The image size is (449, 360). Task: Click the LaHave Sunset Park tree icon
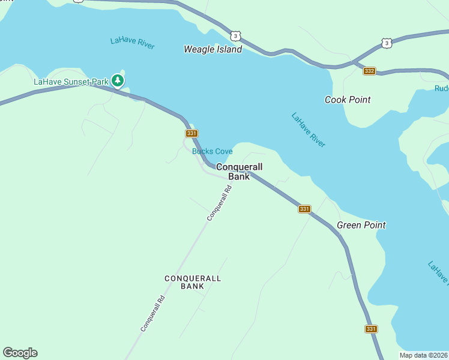pos(118,80)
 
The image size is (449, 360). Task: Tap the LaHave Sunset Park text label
pos(71,82)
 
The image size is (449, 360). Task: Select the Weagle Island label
pos(212,49)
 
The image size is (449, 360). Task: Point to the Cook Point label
pos(348,100)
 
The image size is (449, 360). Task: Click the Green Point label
pos(361,225)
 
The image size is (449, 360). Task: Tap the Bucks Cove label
pos(212,151)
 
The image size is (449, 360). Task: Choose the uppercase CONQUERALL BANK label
pos(193,282)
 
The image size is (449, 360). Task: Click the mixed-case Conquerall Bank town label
pos(239,171)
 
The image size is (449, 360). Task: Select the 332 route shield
pos(369,71)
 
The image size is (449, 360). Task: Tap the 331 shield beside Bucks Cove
pos(191,133)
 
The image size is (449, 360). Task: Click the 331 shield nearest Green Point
pos(304,209)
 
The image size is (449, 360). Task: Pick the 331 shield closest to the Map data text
pos(371,329)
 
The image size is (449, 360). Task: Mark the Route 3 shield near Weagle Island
pos(237,36)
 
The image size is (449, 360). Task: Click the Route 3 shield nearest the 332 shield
pos(387,43)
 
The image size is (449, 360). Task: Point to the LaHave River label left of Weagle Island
pos(133,43)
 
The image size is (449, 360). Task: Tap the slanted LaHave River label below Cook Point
pos(309,130)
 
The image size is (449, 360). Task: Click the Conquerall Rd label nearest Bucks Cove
pos(219,203)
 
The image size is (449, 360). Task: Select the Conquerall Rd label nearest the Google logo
pos(152,313)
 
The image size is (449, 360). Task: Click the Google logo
pos(20,353)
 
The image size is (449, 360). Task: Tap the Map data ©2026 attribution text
pos(424,355)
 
